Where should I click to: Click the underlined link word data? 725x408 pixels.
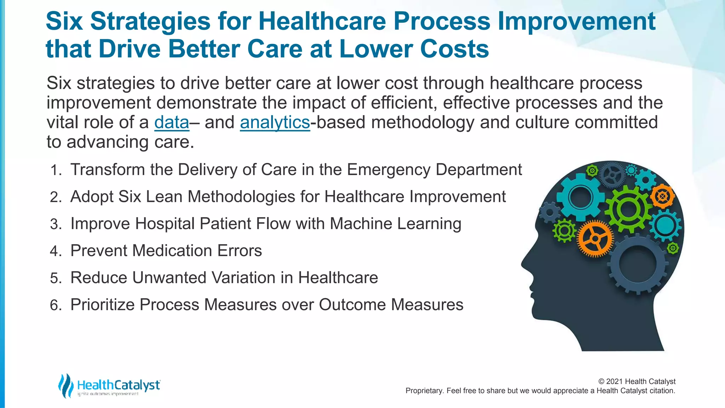172,123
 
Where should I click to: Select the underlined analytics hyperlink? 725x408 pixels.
275,123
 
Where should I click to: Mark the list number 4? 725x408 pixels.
56,251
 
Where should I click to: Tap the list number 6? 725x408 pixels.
56,305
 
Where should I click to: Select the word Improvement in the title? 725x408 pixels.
577,21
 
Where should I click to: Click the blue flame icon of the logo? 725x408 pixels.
65,385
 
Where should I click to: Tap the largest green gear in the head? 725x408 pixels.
628,209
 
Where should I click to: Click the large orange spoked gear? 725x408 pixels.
595,238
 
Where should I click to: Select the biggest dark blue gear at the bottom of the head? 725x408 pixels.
639,264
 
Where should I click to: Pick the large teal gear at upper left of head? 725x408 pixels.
581,197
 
